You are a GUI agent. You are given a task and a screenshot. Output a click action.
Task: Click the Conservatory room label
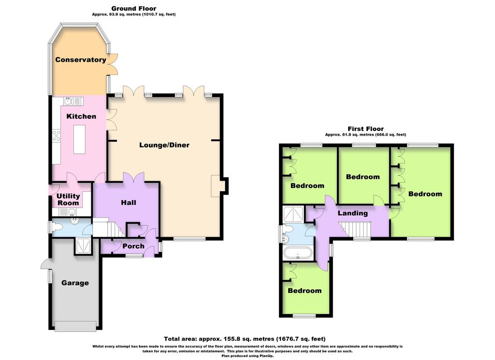click(81, 60)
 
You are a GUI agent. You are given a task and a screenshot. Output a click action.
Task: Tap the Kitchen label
click(81, 116)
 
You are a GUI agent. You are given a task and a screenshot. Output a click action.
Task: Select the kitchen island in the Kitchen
click(80, 139)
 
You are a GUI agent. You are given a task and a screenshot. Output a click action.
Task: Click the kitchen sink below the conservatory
click(73, 101)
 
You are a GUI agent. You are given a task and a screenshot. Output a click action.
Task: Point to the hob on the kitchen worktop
click(57, 136)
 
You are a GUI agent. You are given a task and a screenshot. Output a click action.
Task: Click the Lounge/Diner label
click(164, 145)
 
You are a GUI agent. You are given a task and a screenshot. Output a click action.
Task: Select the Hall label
click(129, 202)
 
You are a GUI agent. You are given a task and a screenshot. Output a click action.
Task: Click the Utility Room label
click(68, 200)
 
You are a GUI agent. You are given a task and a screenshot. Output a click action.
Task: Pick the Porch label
click(133, 246)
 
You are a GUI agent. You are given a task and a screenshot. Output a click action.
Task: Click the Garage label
click(75, 283)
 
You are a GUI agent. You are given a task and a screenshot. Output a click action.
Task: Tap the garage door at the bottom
click(75, 326)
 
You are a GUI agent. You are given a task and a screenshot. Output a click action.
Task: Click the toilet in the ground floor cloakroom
click(57, 227)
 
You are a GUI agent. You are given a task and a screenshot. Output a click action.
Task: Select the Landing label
click(352, 213)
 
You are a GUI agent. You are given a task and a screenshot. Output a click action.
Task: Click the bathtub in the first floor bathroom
click(298, 253)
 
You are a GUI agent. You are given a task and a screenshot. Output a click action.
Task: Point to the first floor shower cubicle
click(293, 214)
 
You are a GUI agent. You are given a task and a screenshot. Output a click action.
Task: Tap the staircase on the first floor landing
click(355, 229)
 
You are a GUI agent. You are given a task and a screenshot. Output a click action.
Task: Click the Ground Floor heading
click(134, 9)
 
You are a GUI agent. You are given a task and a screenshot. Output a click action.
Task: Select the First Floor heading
click(365, 129)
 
